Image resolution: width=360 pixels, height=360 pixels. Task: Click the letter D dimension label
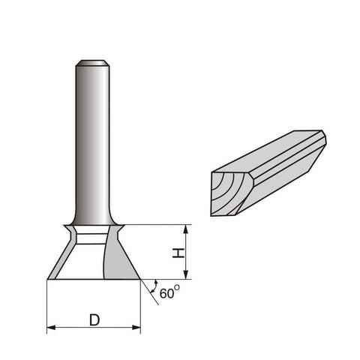point(94,320)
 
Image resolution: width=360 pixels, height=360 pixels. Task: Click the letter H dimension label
point(178,253)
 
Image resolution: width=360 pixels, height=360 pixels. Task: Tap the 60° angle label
point(169,292)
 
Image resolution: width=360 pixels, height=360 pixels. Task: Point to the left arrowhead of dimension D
point(51,328)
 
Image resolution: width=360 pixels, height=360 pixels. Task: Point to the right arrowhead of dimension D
point(136,328)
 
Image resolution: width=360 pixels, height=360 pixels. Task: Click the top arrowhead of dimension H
point(185,229)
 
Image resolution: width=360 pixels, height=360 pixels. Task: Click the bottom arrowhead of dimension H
point(185,274)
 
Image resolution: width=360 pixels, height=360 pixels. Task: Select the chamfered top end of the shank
point(92,63)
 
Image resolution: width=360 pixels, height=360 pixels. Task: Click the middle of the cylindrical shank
point(92,142)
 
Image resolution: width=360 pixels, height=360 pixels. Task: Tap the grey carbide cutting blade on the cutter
point(118,260)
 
